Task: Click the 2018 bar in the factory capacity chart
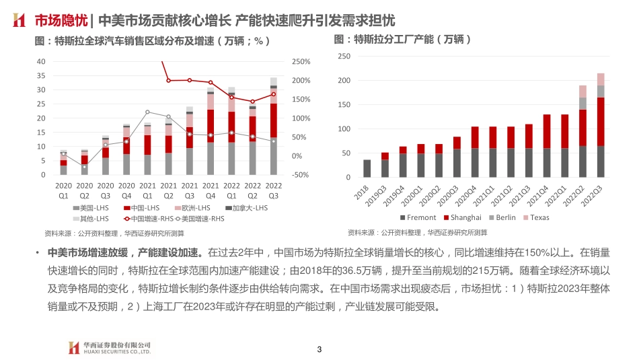click(x=367, y=168)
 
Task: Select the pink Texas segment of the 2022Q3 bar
click(x=601, y=79)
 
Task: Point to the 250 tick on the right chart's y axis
click(x=344, y=57)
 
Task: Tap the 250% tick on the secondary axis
click(x=301, y=61)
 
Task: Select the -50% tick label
click(x=301, y=175)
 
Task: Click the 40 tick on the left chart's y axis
click(x=41, y=61)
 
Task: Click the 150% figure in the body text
click(x=550, y=254)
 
